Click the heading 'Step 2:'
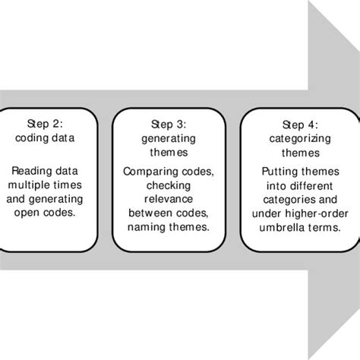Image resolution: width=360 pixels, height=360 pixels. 48,124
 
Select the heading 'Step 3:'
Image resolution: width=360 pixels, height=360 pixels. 168,124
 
